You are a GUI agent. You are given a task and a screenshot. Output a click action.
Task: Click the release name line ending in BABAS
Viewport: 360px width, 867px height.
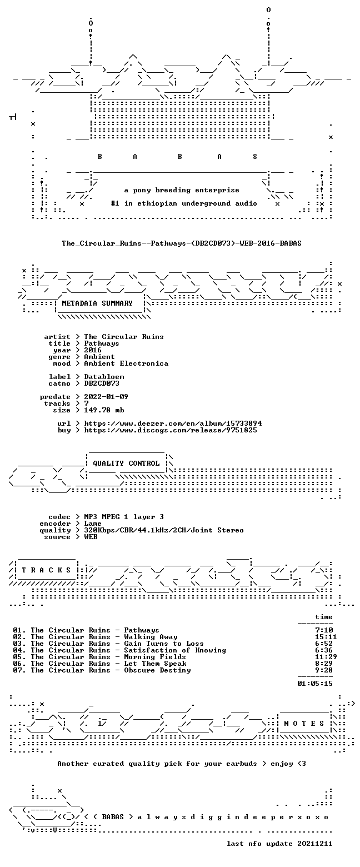[x=182, y=243]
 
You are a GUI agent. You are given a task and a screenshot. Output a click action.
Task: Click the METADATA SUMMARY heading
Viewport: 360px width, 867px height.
[x=97, y=303]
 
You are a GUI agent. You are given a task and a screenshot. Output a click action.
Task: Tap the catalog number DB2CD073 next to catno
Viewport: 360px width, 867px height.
[x=102, y=383]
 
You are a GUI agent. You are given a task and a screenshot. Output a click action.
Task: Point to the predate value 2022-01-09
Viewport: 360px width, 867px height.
[x=106, y=397]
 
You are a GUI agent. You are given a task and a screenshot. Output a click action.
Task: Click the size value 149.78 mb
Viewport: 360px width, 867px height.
[x=104, y=410]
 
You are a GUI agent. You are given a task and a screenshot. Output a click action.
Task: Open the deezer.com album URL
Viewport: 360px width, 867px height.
[x=173, y=423]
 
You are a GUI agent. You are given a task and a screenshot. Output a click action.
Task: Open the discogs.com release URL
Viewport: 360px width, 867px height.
[x=171, y=430]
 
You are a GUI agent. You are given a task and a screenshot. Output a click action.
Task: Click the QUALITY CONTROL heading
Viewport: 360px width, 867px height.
[x=126, y=464]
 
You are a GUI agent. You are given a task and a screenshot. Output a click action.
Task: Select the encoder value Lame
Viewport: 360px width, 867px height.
[x=93, y=524]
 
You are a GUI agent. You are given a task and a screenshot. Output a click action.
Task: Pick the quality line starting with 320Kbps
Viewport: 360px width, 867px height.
[x=164, y=530]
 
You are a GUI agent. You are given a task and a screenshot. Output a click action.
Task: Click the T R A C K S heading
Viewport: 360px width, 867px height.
[x=46, y=570]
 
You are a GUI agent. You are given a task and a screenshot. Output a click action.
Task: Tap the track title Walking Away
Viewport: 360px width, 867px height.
[x=151, y=637]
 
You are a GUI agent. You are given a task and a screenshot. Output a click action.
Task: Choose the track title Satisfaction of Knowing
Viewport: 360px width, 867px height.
[x=175, y=650]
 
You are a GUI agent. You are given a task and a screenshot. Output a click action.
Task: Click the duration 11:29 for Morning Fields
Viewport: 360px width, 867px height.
[x=326, y=657]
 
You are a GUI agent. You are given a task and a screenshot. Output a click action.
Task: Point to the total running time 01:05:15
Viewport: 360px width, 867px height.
[x=315, y=684]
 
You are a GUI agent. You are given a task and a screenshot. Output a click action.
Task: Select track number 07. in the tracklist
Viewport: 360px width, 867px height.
[x=19, y=670]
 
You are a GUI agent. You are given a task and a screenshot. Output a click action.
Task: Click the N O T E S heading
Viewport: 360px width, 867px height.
[x=304, y=724]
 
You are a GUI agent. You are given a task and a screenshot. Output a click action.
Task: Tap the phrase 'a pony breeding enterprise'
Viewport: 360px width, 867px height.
[x=182, y=190]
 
